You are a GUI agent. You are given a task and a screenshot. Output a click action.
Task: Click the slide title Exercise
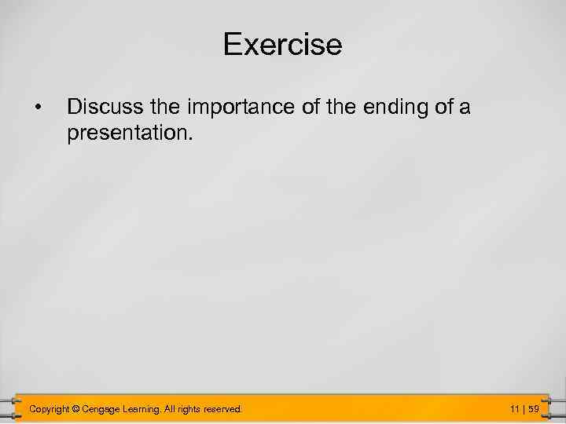tap(282, 44)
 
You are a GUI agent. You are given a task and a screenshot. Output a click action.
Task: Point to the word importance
tap(232, 106)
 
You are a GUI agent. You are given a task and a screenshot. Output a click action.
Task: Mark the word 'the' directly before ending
tap(340, 106)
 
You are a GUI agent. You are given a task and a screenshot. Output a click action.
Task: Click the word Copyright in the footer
tap(49, 409)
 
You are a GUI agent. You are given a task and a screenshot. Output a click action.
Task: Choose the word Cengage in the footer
tap(101, 409)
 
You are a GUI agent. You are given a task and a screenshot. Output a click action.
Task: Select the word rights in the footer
tap(194, 409)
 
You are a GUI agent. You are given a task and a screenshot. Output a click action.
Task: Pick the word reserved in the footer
tap(226, 409)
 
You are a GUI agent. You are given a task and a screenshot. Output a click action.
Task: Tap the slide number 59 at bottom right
tap(534, 409)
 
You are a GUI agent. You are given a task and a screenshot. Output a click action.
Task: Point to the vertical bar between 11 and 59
tap(524, 409)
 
